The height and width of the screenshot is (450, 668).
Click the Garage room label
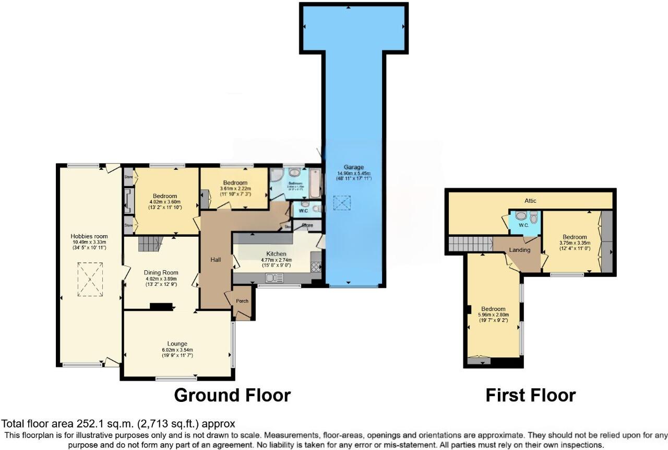pos(353,167)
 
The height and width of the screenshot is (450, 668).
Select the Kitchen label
pos(276,253)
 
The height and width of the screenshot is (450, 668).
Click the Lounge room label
pos(178,343)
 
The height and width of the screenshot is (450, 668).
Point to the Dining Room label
pos(161,272)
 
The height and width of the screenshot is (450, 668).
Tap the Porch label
pos(242,301)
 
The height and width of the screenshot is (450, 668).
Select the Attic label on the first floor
pos(530,201)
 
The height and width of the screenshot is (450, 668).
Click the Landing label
pos(520,250)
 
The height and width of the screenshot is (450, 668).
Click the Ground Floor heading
pos(232,395)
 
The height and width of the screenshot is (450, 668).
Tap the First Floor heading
pos(530,395)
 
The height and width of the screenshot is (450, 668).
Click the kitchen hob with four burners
pos(316,267)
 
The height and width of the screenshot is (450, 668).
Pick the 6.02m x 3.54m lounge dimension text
pos(178,350)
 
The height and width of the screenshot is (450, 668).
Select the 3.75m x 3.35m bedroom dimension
pos(574,243)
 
